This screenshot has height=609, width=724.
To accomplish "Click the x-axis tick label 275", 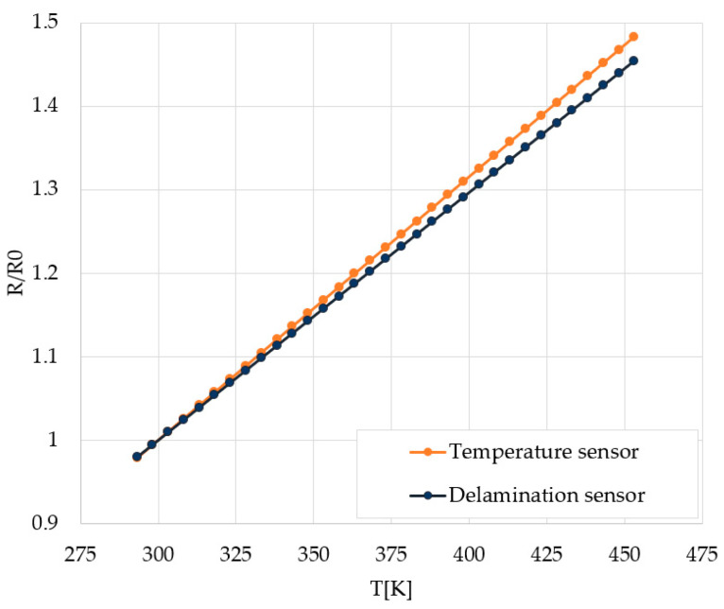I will [x=80, y=551].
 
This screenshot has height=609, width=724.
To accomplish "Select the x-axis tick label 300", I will [x=158, y=551].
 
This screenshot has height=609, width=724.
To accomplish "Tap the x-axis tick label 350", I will [x=313, y=551].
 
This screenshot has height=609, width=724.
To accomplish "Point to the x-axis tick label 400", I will [x=468, y=551].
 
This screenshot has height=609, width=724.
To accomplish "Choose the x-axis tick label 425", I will [x=545, y=551].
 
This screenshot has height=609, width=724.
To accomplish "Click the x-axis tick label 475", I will [x=700, y=551].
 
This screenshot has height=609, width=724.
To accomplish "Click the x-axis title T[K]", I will [x=390, y=587].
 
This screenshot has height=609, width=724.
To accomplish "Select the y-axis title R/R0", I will [x=17, y=273].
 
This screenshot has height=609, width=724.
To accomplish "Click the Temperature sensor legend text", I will [x=543, y=453].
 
